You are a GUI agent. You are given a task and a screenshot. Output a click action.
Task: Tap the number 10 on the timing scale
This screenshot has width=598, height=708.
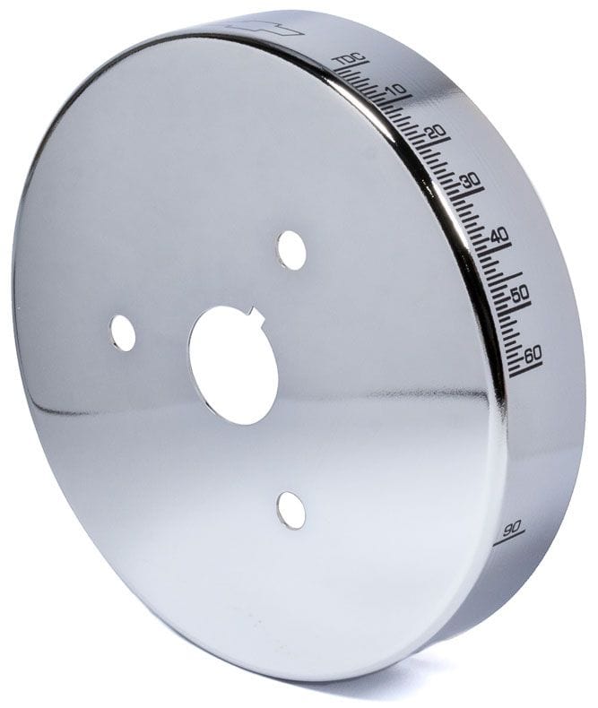click(x=396, y=89)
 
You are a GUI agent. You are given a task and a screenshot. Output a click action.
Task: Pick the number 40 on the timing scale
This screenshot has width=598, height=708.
click(x=499, y=235)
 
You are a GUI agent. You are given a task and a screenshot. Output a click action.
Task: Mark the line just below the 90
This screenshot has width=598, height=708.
click(x=509, y=539)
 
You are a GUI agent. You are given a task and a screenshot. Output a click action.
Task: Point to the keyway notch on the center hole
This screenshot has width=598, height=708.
click(x=257, y=315)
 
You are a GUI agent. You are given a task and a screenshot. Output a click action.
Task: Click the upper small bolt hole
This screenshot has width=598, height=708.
click(x=291, y=250)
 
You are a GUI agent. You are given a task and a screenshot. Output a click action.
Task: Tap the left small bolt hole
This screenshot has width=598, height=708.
click(x=123, y=333)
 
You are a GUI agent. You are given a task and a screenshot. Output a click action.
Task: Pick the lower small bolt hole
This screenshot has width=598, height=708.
click(x=290, y=510)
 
